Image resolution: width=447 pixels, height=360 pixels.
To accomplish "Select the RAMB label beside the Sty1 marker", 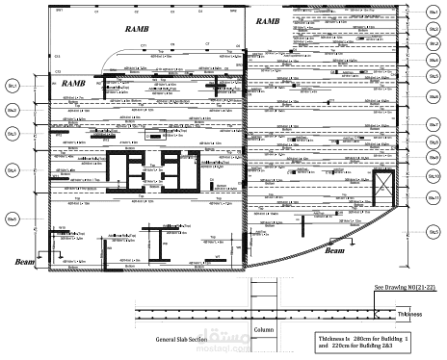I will (x=74, y=85).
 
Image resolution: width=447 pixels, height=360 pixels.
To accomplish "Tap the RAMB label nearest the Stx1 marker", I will (x=269, y=20).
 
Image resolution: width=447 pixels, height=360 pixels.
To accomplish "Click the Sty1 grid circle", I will (x=13, y=87).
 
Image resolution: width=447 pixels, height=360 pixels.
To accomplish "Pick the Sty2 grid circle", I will (x=13, y=111).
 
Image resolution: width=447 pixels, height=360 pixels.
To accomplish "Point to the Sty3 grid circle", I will (x=13, y=136).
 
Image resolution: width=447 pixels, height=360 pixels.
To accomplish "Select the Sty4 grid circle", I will (x=13, y=170).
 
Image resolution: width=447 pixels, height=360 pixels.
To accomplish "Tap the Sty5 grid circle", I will (x=13, y=219).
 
